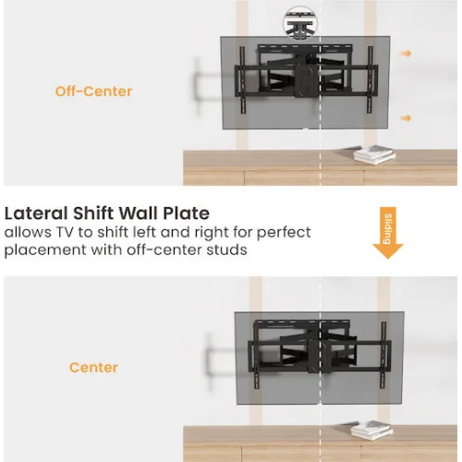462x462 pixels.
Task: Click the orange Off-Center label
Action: tap(93, 91)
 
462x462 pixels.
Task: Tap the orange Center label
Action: tap(94, 368)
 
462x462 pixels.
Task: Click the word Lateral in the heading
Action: tap(36, 213)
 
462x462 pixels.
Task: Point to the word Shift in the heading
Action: tap(93, 213)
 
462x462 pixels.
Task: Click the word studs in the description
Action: tap(227, 249)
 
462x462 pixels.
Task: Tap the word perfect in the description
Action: tap(284, 233)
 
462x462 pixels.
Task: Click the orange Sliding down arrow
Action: tap(388, 233)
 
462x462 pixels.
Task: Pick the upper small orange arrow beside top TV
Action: tap(406, 54)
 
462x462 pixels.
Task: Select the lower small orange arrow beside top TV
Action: tap(406, 118)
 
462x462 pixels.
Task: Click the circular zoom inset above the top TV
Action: tap(300, 23)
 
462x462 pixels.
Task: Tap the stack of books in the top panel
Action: tap(374, 154)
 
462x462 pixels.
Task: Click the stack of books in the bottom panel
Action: tap(371, 430)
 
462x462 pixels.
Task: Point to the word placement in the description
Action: tap(45, 250)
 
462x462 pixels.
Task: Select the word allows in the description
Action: tap(28, 233)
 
